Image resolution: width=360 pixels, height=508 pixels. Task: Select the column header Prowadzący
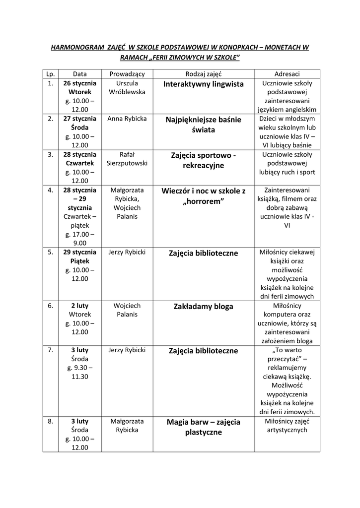point(127,73)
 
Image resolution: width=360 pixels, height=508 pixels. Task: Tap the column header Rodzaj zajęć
point(204,73)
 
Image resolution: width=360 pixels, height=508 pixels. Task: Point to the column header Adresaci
point(287,73)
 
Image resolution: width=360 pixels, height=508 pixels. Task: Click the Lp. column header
point(50,73)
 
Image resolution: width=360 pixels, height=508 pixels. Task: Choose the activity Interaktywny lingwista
point(204,84)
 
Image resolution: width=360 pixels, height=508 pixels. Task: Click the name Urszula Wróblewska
point(127,88)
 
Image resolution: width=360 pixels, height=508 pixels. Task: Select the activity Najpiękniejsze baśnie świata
point(204,125)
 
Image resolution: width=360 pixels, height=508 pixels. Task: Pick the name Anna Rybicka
point(127,119)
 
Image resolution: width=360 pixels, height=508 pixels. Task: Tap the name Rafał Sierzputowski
point(127,159)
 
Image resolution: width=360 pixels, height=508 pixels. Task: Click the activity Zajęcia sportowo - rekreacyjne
point(204,160)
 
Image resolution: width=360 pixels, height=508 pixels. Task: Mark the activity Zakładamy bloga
point(204,307)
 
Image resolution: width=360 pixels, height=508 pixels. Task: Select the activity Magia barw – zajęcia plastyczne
point(204,427)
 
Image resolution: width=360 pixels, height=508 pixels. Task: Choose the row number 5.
point(50,252)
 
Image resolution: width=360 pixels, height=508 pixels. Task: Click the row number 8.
point(50,421)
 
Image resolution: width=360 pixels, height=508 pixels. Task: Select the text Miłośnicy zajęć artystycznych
point(287,426)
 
